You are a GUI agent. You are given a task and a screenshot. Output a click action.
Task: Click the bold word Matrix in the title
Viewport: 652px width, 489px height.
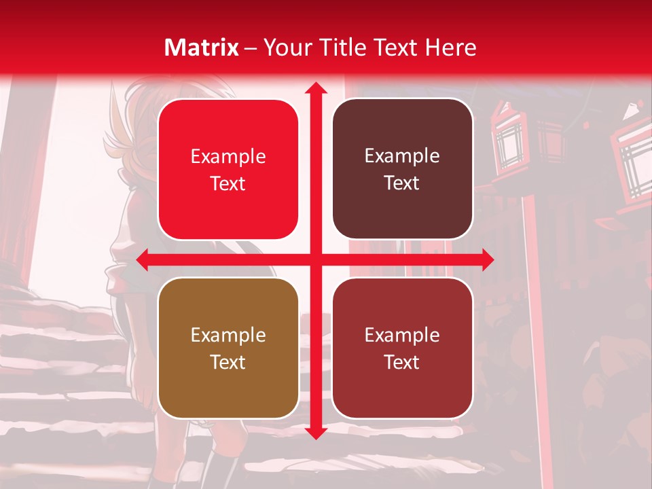click(x=202, y=48)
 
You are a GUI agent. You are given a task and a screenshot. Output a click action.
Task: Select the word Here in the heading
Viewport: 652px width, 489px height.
click(x=451, y=48)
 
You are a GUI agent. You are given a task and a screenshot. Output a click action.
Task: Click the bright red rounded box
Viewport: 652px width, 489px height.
click(x=228, y=169)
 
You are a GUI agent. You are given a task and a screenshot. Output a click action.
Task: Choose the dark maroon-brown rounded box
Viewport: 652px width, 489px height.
click(x=402, y=169)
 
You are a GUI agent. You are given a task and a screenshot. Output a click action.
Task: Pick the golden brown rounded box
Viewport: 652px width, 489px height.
click(x=228, y=348)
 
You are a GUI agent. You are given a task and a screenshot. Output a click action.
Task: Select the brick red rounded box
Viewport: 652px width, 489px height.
click(x=402, y=348)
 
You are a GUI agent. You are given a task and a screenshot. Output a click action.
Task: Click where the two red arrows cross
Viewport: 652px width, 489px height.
click(x=315, y=259)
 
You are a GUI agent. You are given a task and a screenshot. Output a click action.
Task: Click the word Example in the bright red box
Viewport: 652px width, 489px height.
click(x=228, y=157)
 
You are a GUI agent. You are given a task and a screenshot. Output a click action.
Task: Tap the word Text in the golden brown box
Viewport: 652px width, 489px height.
click(x=228, y=362)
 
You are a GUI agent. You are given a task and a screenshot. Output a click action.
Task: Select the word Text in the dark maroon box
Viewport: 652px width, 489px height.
click(x=402, y=183)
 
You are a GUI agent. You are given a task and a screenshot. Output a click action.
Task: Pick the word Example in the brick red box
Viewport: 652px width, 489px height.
click(x=402, y=335)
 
